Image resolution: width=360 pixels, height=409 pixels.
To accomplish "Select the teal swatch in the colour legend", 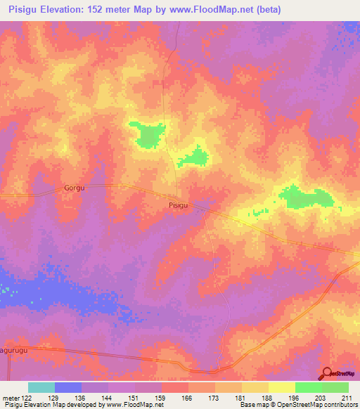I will (41, 387).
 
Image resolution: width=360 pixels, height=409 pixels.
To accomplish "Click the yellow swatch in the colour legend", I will (281, 387).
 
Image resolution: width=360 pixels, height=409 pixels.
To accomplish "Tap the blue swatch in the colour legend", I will (67, 387).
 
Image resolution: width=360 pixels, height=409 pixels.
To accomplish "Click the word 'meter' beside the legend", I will (11, 397).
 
